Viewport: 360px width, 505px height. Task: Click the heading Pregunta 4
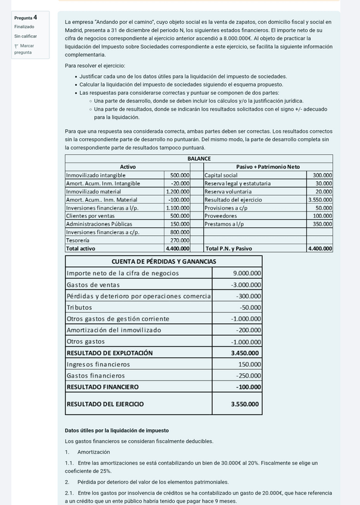point(26,18)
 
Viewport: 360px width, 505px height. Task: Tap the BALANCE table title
point(199,158)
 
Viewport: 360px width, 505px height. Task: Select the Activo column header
point(128,167)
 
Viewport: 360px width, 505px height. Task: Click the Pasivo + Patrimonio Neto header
point(268,167)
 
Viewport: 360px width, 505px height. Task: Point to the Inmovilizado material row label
point(93,192)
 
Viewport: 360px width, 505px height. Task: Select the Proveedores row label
point(221,216)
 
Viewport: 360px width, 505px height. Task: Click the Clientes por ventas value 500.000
point(179,216)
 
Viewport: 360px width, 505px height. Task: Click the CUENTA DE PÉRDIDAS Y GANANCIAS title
point(164,261)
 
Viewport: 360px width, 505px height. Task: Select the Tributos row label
point(78,307)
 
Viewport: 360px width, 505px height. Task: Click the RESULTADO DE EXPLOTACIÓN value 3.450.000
point(245,353)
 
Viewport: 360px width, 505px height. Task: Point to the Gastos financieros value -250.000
point(247,376)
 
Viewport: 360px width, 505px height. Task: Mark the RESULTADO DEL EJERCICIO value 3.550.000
point(245,404)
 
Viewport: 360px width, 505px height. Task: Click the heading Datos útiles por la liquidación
point(117,431)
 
